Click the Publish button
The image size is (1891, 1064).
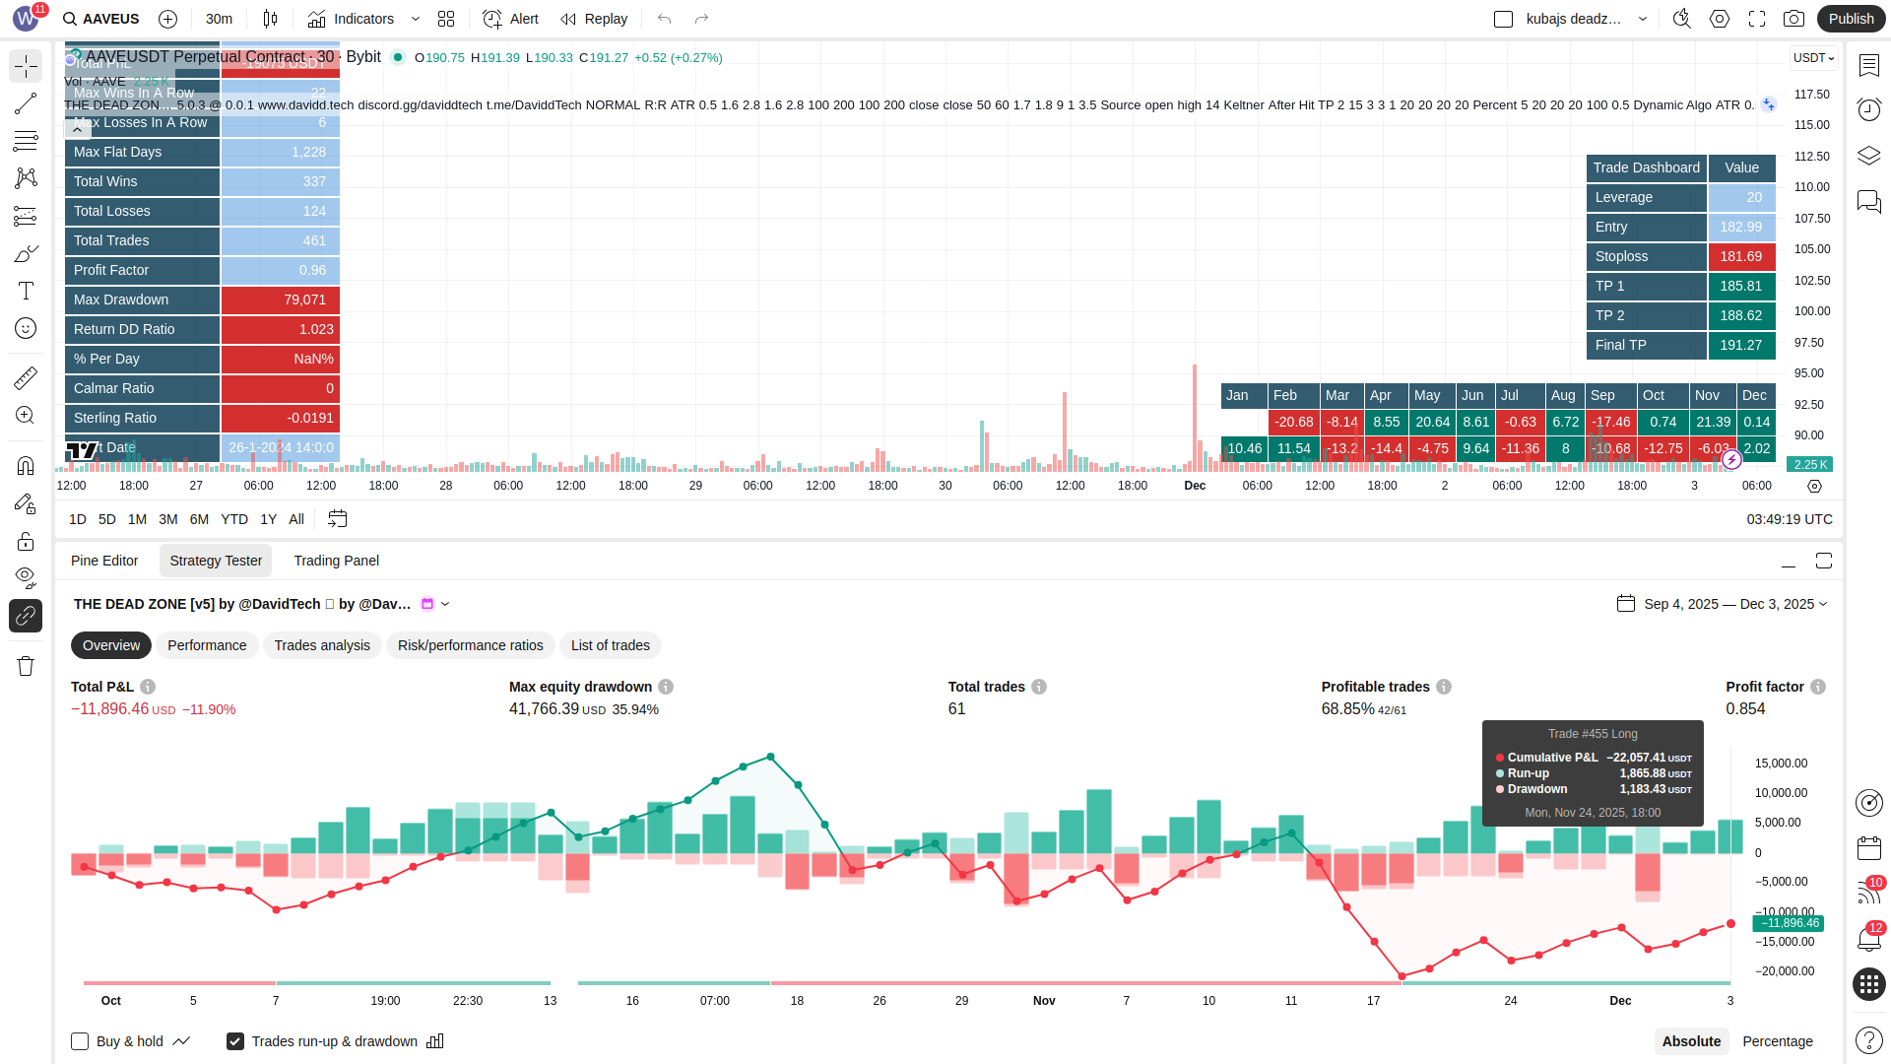1851,19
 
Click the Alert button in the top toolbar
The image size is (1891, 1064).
511,19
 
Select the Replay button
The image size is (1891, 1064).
594,19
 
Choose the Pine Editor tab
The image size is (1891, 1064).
104,561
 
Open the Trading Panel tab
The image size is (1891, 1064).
336,561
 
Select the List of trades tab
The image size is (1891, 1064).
610,645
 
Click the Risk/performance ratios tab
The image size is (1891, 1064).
470,645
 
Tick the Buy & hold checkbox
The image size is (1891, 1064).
80,1041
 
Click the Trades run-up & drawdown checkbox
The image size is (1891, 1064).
235,1041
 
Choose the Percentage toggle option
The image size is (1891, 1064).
1777,1041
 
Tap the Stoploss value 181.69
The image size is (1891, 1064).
1740,256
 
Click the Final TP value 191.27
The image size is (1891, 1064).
1740,345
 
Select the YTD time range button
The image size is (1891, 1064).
233,519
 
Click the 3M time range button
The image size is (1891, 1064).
168,519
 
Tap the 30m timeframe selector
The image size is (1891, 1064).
219,19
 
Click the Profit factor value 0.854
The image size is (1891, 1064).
1745,709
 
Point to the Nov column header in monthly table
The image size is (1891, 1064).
1707,395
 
